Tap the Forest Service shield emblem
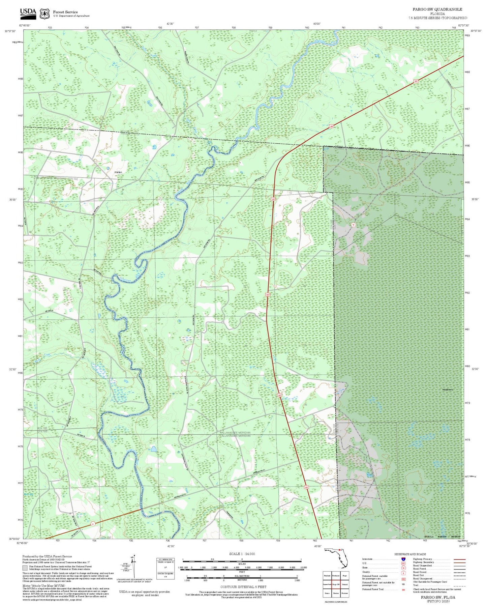coord(44,13)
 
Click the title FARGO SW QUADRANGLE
coord(437,9)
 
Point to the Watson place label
coord(118,172)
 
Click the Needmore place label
coord(448,390)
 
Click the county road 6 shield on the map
coord(92,524)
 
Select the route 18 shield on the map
coord(353,225)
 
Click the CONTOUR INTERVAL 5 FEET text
coord(243,587)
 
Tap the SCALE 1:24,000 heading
coord(242,554)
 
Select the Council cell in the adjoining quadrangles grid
coord(344,584)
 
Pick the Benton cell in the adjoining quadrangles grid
coord(336,593)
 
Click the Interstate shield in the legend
coord(403,559)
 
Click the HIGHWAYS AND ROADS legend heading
coord(410,554)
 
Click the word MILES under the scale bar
coord(242,563)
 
